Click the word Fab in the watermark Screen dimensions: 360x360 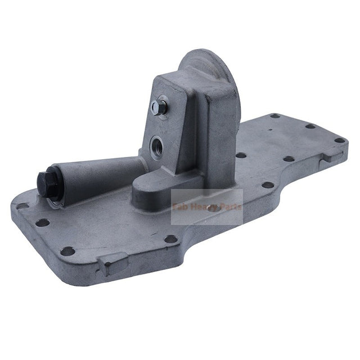(x=182, y=207)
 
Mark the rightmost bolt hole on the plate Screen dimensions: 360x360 (x=339, y=140)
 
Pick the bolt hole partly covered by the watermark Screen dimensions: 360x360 (x=213, y=208)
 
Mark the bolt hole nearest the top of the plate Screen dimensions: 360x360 (x=275, y=116)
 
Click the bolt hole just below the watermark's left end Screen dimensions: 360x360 (x=170, y=239)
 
